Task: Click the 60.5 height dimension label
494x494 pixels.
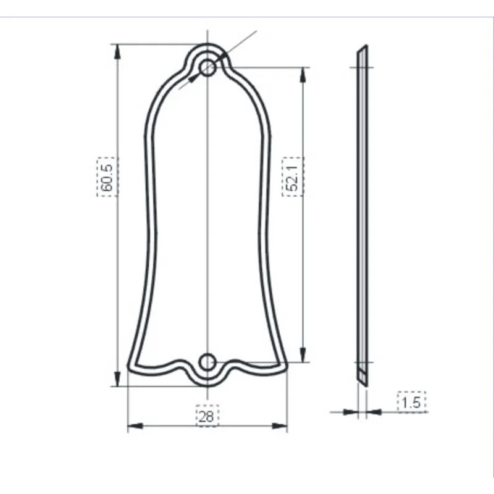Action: click(x=107, y=177)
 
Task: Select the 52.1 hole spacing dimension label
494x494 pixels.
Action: click(x=292, y=177)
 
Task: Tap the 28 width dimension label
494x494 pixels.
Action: click(x=207, y=416)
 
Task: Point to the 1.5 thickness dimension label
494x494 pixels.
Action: click(x=411, y=403)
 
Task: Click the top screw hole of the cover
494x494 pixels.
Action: click(x=208, y=67)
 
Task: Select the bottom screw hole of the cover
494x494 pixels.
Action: click(x=207, y=362)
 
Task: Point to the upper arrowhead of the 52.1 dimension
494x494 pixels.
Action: click(x=303, y=75)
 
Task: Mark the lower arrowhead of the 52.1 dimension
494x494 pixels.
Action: click(x=303, y=354)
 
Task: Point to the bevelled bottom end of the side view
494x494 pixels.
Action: click(x=362, y=378)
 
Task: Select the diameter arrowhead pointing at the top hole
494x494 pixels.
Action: click(x=194, y=77)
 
